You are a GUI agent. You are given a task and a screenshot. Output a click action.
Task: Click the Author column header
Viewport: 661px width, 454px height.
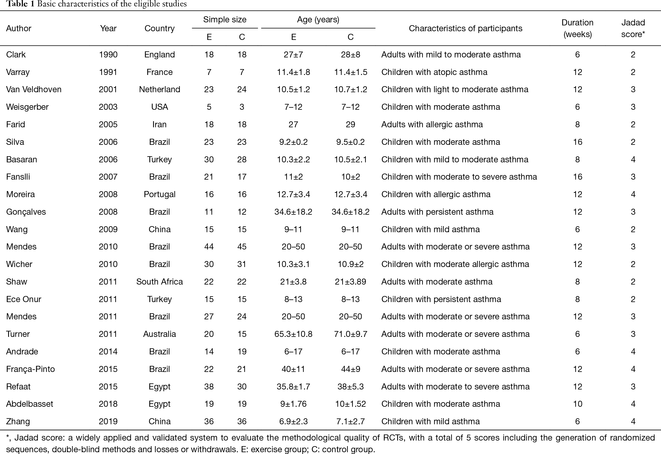19,28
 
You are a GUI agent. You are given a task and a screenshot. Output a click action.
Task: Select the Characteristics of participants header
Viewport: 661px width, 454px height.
465,28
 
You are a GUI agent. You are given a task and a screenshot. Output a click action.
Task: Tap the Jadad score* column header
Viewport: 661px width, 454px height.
633,28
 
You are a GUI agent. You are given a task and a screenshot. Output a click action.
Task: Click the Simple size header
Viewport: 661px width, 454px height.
225,20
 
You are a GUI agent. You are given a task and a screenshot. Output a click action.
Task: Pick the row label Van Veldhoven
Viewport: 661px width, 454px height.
34,89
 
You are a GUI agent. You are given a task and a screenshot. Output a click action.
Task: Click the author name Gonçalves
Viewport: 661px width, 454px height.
26,212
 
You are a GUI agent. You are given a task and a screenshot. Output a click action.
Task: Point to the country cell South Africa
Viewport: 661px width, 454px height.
160,281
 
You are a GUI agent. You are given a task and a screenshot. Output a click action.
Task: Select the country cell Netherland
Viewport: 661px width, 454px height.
160,89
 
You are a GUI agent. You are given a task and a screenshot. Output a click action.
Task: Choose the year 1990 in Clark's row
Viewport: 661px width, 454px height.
108,55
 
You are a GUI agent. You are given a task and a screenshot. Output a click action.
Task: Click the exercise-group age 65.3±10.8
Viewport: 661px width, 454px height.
293,334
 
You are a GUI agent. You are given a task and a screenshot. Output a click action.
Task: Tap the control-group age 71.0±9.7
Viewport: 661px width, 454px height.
351,334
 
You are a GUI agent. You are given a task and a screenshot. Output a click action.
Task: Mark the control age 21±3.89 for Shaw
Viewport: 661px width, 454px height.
351,281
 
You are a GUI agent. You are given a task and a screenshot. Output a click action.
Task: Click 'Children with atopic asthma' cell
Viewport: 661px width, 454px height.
434,72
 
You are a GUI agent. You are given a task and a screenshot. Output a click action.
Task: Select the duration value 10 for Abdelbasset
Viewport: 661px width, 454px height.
578,404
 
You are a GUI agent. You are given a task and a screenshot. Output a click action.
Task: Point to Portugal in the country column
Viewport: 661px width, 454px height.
160,194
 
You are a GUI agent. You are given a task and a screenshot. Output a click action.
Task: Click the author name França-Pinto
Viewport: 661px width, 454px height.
31,369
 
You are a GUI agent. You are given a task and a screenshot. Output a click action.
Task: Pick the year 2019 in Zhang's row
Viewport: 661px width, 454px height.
108,421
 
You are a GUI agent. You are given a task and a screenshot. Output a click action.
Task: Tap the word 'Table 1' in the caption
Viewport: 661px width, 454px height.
20,4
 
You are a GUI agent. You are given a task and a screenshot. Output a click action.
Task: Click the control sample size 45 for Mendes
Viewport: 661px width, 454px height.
242,247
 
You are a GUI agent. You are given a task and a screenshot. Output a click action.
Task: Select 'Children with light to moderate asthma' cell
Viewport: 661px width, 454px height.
455,89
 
